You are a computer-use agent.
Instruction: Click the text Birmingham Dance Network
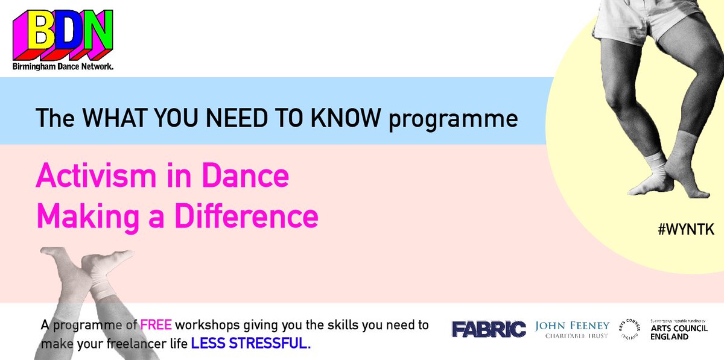(x=63, y=68)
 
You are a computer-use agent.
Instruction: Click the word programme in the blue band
(x=453, y=119)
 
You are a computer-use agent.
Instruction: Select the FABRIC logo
(x=489, y=329)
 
